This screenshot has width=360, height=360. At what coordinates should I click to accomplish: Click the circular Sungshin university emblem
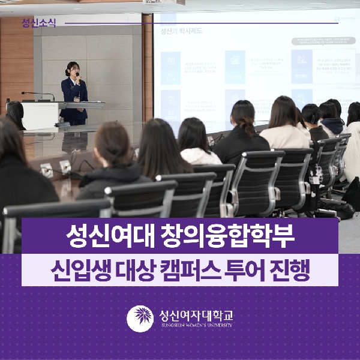tap(140, 319)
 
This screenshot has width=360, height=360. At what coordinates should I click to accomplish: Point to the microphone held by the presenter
tap(77, 76)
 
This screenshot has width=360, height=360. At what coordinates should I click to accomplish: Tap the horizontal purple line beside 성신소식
tap(198, 24)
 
